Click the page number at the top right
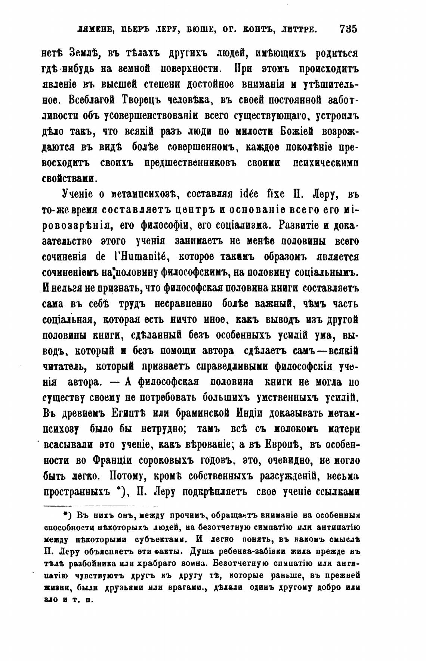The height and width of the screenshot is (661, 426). pos(348,29)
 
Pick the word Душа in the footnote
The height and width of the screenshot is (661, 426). pos(203,552)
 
